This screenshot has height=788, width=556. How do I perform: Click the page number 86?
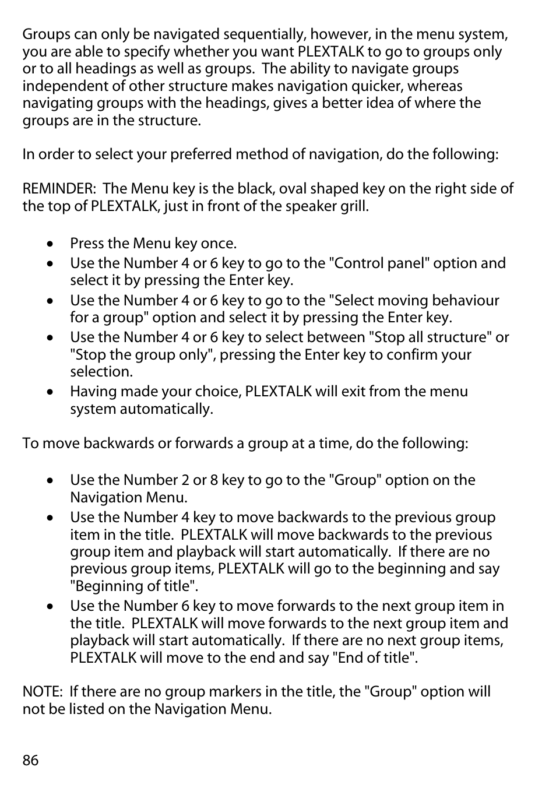click(30, 760)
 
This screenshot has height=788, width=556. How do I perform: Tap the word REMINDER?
click(59, 189)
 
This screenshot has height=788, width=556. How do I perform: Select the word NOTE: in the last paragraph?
click(43, 692)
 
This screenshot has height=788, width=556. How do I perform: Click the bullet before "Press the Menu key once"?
click(51, 244)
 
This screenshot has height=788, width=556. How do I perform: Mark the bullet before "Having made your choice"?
click(51, 392)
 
